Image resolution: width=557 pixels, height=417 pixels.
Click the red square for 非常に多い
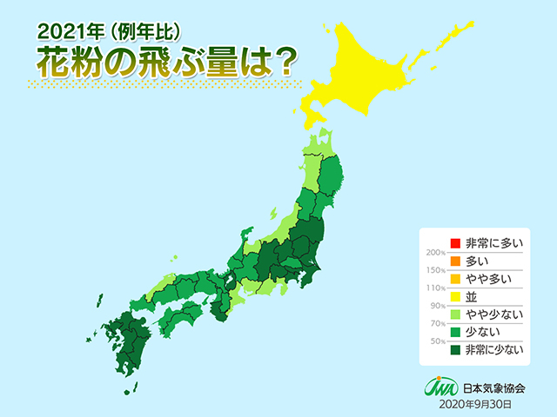(453, 243)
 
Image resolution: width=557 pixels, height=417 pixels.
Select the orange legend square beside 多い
(453, 261)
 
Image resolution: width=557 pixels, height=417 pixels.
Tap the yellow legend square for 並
(453, 296)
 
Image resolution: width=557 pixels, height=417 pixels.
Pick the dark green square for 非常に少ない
(453, 350)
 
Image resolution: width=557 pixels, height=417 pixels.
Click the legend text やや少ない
(491, 314)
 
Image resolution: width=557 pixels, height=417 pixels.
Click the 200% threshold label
(432, 252)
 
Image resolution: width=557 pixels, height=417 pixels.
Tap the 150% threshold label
(432, 270)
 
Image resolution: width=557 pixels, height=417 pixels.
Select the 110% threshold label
(432, 288)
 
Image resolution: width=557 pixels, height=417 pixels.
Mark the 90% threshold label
(433, 306)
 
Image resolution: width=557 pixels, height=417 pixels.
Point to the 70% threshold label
(433, 323)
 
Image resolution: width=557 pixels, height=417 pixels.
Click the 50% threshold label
(433, 341)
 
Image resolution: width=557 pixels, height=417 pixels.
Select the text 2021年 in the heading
(65, 31)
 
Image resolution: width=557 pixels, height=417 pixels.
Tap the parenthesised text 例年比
(135, 31)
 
